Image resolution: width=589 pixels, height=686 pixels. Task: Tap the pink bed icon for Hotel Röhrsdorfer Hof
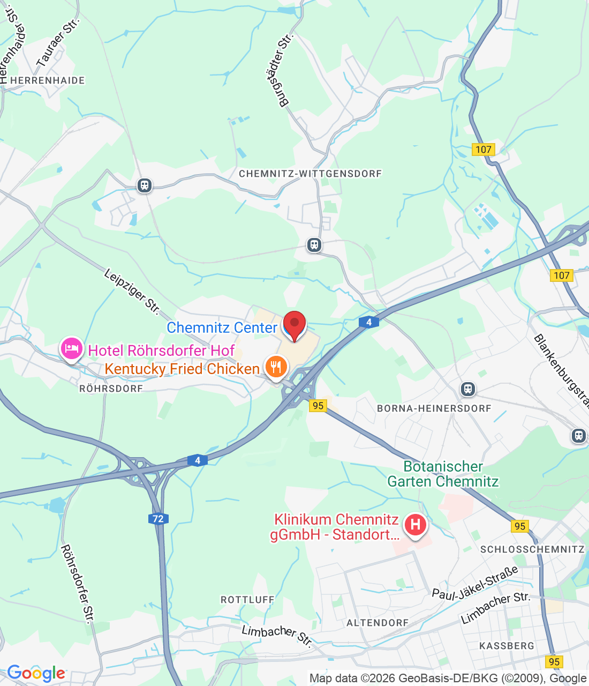pos(71,349)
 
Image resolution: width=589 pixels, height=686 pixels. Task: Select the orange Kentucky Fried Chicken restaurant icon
pos(276,367)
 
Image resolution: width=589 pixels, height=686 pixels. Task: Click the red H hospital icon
pos(415,524)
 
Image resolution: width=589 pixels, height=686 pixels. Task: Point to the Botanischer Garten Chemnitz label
pos(443,474)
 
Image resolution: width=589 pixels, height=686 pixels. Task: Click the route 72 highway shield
pos(158,518)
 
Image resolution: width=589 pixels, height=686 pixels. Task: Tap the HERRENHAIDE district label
pos(48,80)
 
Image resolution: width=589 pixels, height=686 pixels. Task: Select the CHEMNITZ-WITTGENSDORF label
pos(310,174)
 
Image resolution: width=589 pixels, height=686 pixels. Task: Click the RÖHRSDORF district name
pos(111,389)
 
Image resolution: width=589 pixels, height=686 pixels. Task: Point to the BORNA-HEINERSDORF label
pos(434,408)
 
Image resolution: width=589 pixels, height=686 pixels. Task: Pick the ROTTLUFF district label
pos(247,600)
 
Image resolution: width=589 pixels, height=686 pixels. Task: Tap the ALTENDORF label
pos(377,623)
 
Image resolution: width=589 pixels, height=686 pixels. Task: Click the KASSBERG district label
pos(507,646)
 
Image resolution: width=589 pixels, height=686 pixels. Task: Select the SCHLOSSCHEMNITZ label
pos(532,549)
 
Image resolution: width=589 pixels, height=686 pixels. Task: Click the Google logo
pos(36,673)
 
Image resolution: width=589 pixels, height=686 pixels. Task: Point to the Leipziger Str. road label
pos(131,291)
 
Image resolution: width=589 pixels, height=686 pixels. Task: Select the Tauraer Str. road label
pos(57,42)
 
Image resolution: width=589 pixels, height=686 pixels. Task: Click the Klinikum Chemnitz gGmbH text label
pos(336,527)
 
